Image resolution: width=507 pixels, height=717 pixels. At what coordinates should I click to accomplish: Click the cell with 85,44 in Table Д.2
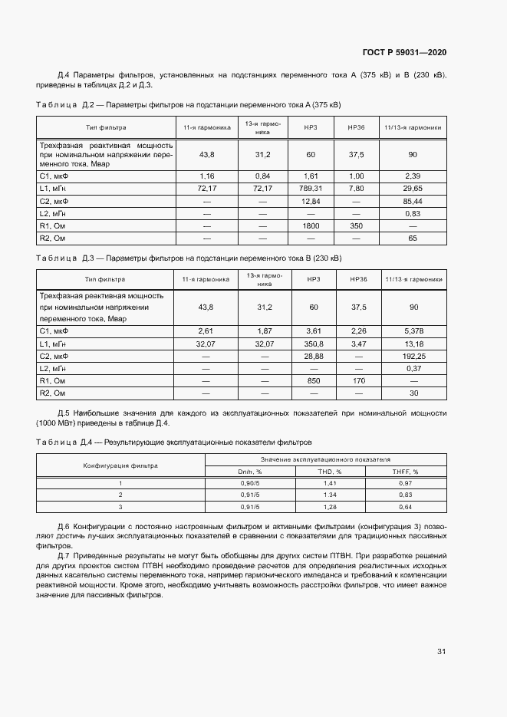[x=413, y=201]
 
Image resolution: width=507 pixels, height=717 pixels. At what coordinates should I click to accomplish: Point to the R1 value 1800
[x=311, y=226]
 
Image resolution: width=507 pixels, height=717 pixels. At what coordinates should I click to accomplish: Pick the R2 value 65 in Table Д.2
[x=413, y=238]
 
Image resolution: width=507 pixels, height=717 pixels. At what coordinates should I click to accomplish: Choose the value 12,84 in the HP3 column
[x=311, y=201]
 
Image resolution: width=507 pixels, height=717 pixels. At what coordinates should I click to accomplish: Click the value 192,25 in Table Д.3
[x=413, y=356]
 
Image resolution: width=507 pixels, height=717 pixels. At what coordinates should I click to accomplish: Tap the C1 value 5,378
[x=413, y=331]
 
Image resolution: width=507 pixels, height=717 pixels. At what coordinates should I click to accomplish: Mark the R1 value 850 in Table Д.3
[x=313, y=381]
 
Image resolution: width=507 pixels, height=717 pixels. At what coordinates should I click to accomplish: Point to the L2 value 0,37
[x=413, y=369]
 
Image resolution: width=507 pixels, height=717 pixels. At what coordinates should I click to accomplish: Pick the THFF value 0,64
[x=405, y=507]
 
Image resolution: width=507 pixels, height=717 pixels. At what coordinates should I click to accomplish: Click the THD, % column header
[x=330, y=472]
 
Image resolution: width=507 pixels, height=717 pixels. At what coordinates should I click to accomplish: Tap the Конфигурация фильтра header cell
[x=120, y=465]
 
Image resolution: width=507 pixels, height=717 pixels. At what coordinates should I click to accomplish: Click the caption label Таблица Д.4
[x=64, y=442]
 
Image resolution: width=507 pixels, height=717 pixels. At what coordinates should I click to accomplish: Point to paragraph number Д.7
[x=64, y=554]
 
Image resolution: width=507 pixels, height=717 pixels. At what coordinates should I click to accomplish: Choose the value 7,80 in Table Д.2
[x=356, y=188]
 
